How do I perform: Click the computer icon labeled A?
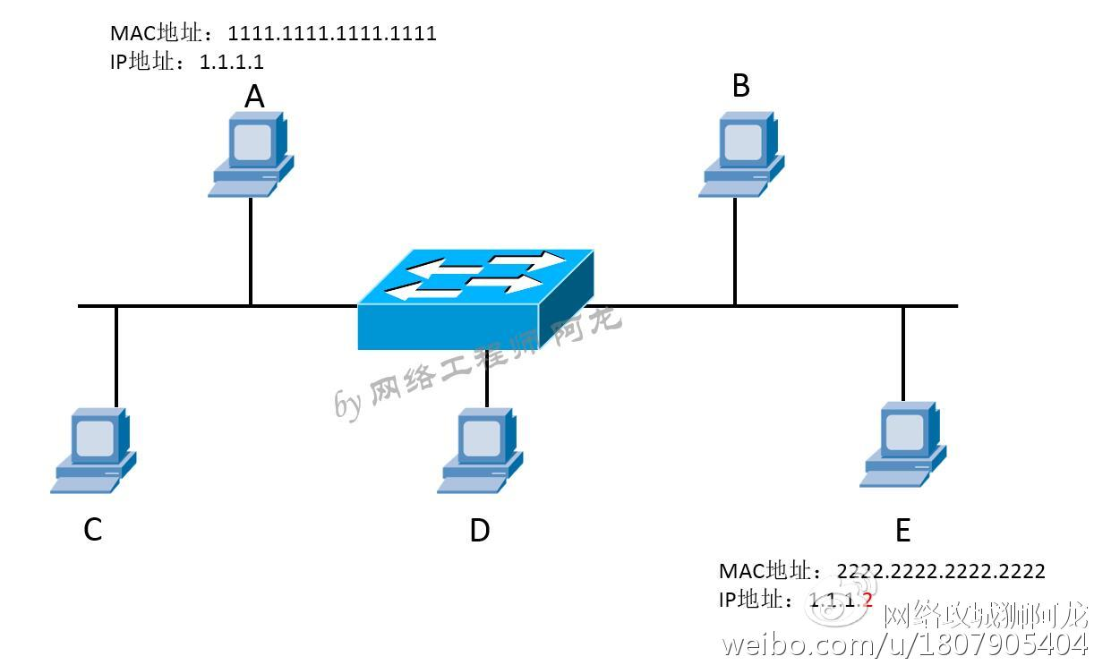252,153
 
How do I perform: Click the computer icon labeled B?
741,153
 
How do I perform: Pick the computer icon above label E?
903,444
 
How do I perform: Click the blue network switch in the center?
475,300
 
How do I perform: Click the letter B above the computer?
741,86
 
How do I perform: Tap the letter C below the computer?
92,530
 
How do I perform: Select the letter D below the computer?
480,531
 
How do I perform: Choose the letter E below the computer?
902,531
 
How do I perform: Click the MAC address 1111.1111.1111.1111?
332,34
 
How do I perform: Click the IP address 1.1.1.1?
232,62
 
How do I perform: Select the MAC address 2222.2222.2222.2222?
941,571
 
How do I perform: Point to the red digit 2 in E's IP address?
867,599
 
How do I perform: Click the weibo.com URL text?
904,644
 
